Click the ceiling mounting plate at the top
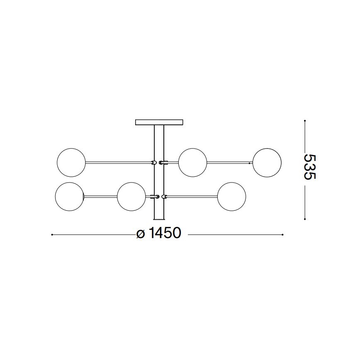tap(159, 122)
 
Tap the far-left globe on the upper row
tap(71, 162)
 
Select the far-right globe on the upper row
tap(267, 162)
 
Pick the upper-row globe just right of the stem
tap(192, 162)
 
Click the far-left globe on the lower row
tap(69, 196)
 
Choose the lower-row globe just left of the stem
tap(131, 196)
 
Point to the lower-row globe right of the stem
tap(231, 196)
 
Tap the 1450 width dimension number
tap(165, 234)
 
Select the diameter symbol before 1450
tap(140, 235)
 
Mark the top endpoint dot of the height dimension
tap(305, 121)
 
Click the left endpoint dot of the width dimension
tap(51, 235)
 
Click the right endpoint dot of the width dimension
tap(283, 235)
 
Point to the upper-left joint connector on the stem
tap(153, 162)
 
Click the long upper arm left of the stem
tap(118, 162)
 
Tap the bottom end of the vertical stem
tap(159, 220)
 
